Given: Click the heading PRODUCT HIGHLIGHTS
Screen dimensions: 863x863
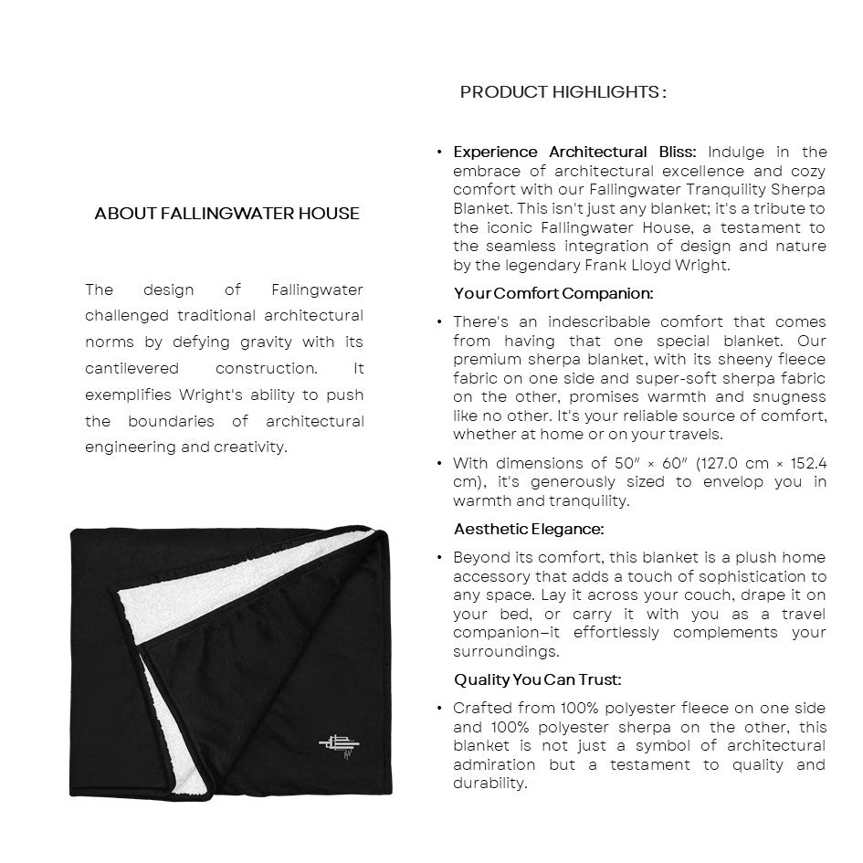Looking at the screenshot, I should (x=563, y=92).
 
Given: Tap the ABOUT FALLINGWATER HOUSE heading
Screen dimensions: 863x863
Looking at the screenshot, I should (x=226, y=214).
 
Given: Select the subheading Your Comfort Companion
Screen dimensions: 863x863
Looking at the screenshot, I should (x=553, y=294).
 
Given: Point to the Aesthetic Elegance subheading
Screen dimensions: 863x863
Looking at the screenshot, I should (x=529, y=530).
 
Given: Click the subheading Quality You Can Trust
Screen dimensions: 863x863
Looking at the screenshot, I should (x=537, y=680).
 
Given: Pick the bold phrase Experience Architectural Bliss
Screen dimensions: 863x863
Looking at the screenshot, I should (x=574, y=153).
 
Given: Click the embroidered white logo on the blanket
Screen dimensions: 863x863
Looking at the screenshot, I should (x=337, y=742).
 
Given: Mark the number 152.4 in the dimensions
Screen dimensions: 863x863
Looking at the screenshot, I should (x=807, y=463).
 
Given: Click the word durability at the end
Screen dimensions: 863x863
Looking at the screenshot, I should (x=490, y=784).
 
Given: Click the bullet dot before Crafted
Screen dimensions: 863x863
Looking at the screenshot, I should (x=440, y=709).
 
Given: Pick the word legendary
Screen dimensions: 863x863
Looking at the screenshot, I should (x=540, y=266).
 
